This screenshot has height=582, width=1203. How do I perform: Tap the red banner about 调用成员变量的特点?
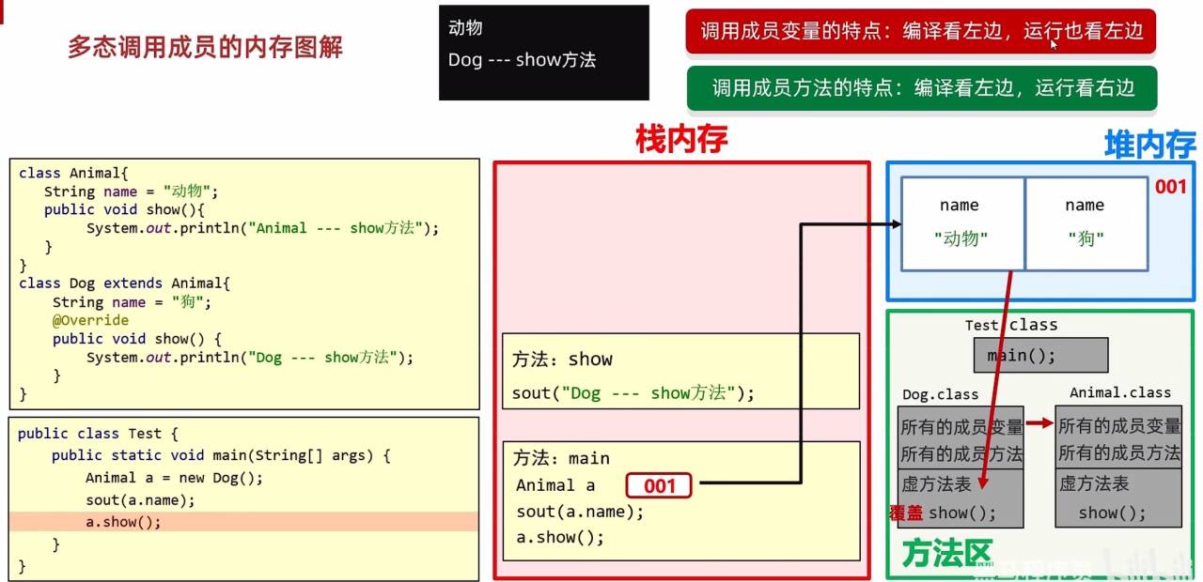click(921, 32)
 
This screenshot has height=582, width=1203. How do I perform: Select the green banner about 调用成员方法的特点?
click(922, 88)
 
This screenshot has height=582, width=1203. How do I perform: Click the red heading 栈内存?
click(680, 141)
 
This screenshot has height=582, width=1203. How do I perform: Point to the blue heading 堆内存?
click(1148, 145)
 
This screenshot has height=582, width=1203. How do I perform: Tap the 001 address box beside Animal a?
click(659, 485)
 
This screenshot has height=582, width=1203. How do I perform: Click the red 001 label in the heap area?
click(1170, 187)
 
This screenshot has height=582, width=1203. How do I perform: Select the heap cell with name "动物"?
click(962, 223)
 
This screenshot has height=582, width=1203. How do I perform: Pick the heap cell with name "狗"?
click(1086, 223)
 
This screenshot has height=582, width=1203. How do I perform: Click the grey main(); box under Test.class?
click(1040, 356)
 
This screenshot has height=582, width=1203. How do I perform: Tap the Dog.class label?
click(940, 394)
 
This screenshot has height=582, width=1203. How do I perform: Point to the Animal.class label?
click(1120, 392)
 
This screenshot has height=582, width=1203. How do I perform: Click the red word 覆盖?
click(906, 513)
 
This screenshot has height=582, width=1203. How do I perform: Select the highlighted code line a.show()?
click(123, 522)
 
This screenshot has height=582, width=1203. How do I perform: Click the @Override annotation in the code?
click(90, 320)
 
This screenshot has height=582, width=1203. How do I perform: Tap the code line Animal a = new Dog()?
click(175, 477)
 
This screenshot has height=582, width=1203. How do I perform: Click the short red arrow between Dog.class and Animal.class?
click(1039, 424)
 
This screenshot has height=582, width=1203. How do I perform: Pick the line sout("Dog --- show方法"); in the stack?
click(633, 393)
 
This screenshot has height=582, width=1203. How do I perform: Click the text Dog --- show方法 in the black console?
click(522, 60)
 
